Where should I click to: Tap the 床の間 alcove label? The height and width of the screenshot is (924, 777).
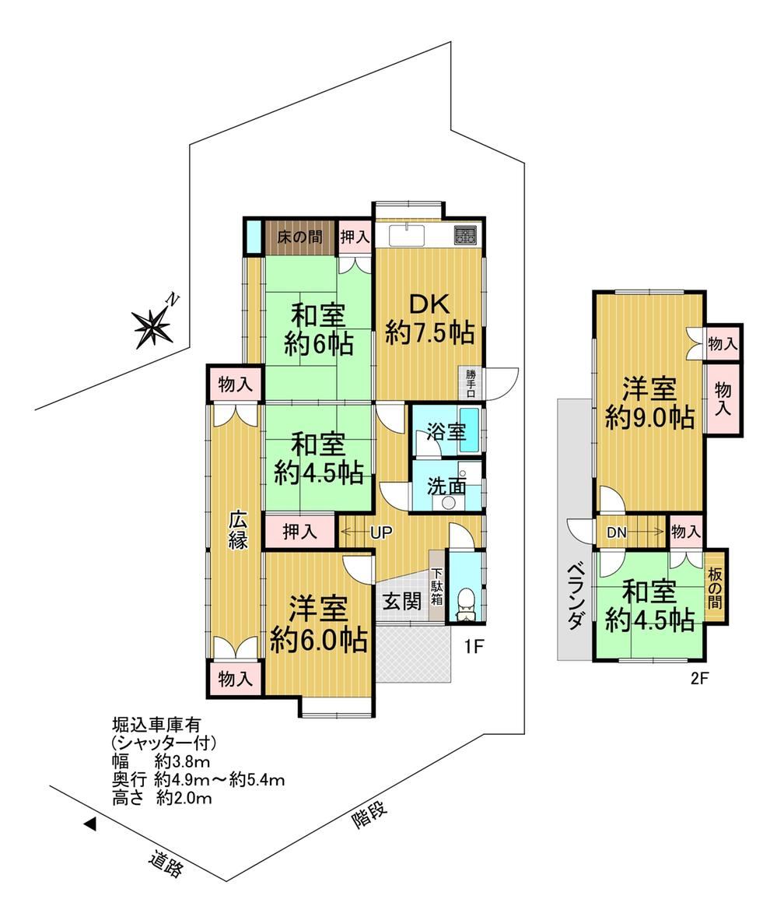(x=299, y=237)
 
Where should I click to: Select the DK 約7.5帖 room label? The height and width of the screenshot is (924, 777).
(x=429, y=319)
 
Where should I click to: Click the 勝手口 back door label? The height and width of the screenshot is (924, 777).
(x=470, y=383)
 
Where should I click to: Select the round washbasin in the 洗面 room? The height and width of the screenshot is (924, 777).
(x=449, y=503)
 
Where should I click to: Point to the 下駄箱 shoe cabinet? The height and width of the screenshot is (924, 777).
(x=436, y=586)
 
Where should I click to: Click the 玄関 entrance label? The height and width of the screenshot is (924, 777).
(x=403, y=602)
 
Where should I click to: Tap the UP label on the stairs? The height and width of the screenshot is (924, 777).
(x=381, y=532)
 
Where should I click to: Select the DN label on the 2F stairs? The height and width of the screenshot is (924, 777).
(x=616, y=533)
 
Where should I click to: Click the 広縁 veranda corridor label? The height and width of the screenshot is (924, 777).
(x=238, y=530)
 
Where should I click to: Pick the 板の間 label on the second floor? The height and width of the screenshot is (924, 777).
(x=716, y=588)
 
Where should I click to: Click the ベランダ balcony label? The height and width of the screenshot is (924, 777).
(x=576, y=597)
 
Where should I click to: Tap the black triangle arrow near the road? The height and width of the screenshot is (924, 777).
(x=89, y=824)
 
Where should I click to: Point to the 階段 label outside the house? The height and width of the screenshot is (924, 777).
(x=369, y=815)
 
